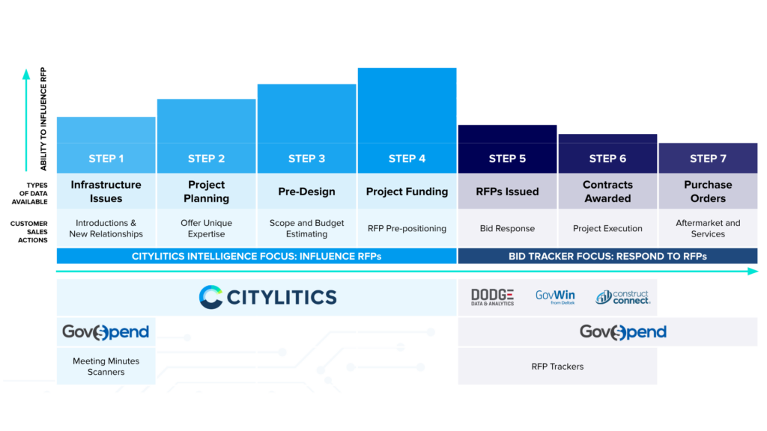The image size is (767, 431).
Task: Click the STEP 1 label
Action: (x=106, y=159)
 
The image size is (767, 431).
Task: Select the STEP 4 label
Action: (x=407, y=159)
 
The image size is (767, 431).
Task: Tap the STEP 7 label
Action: (x=708, y=159)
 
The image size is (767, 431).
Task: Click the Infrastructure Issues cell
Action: (x=106, y=191)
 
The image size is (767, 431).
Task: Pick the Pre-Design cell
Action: (x=306, y=191)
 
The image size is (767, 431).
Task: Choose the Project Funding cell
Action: (x=407, y=191)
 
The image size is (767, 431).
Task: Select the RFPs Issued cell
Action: (x=507, y=191)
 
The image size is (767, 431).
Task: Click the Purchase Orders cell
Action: (x=708, y=191)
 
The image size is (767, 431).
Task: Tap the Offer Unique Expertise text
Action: (x=207, y=228)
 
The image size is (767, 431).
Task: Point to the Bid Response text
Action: (x=507, y=228)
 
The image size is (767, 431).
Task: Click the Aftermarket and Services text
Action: (x=708, y=228)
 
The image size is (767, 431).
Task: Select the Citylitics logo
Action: (x=267, y=297)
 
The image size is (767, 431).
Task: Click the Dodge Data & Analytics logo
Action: (x=493, y=297)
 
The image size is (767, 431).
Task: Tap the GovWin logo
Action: (x=555, y=296)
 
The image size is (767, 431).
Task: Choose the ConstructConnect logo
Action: (x=622, y=296)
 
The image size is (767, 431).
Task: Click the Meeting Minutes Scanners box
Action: (x=106, y=366)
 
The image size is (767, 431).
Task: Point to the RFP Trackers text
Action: (x=557, y=367)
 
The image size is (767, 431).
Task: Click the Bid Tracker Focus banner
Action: (x=607, y=256)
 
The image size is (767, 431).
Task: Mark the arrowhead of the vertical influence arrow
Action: (x=26, y=74)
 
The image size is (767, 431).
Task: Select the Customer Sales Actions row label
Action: (x=29, y=232)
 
